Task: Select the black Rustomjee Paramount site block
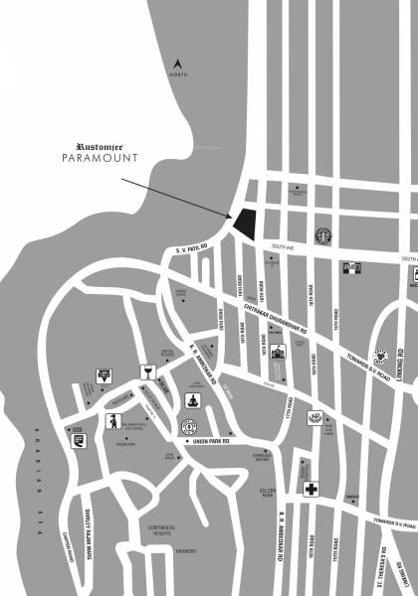[244, 221]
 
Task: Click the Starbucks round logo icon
[322, 236]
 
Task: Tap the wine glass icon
[147, 373]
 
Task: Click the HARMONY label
[184, 551]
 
